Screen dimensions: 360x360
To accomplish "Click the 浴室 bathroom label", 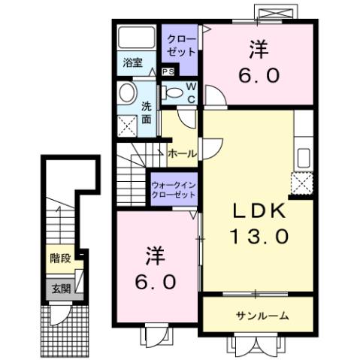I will (133, 65).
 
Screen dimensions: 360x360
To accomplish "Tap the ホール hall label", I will (183, 153).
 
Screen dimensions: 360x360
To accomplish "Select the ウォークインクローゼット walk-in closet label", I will (174, 188).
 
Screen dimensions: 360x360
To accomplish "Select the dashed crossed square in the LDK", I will (302, 183).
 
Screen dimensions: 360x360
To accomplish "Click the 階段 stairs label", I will (60, 259).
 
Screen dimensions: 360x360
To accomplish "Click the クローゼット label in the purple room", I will (180, 45).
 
